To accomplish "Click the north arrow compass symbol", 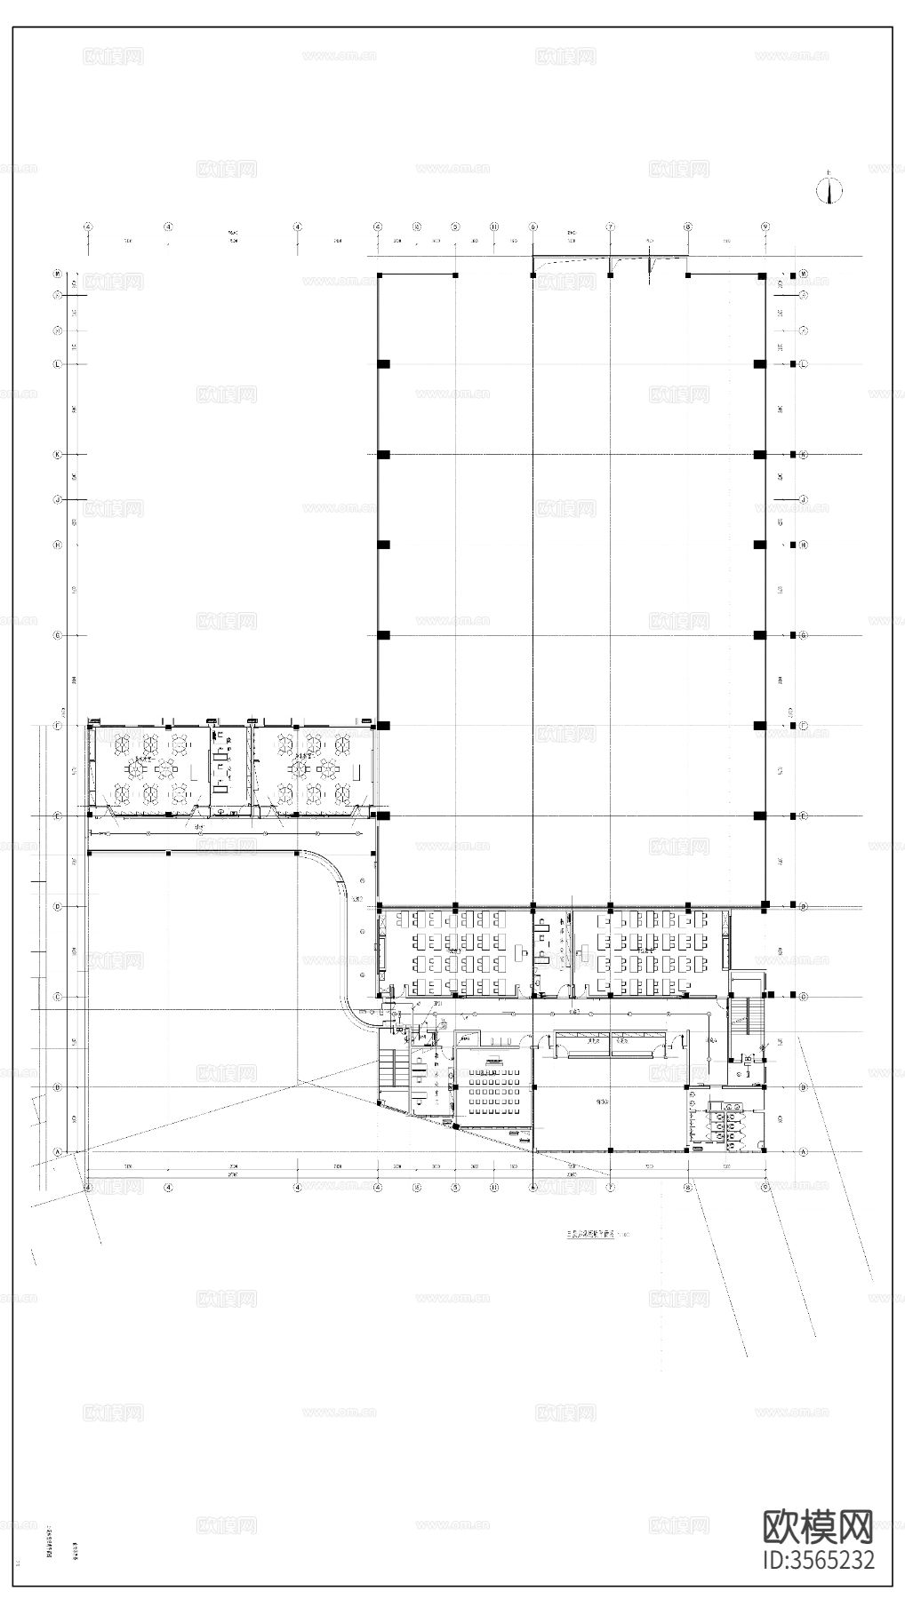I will pyautogui.click(x=829, y=190).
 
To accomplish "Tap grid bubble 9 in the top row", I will pyautogui.click(x=765, y=227).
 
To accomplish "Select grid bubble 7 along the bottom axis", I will pyautogui.click(x=611, y=1186).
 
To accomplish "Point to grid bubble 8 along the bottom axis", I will pyautogui.click(x=688, y=1186).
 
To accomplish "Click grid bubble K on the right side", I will pyautogui.click(x=803, y=455).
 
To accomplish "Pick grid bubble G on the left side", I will pyautogui.click(x=58, y=635).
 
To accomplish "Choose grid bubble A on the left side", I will pyautogui.click(x=58, y=1152).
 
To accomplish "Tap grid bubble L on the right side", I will pyautogui.click(x=803, y=364).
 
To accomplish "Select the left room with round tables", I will pyautogui.click(x=148, y=769).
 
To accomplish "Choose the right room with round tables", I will pyautogui.click(x=310, y=769).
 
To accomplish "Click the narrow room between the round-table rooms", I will pyautogui.click(x=228, y=769).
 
